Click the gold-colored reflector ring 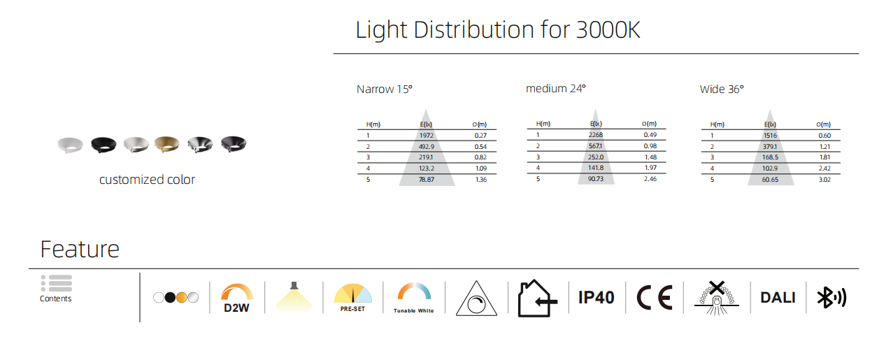167,144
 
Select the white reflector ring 71,145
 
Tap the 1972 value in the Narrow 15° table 427,136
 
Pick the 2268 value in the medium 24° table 596,134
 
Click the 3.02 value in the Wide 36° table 824,179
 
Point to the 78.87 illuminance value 427,179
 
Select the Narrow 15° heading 385,89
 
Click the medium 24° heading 556,88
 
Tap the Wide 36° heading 722,89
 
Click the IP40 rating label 596,298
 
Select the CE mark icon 655,298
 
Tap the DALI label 778,298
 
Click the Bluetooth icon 831,298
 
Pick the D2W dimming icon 236,298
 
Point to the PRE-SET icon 353,298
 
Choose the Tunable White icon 414,298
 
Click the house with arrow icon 538,298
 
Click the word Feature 80,250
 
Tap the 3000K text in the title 608,29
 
